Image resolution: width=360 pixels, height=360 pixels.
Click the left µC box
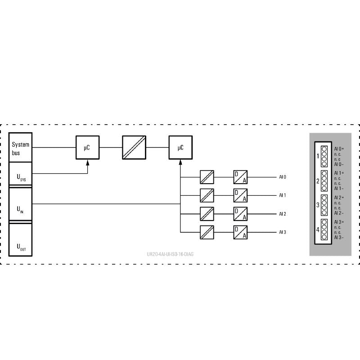click(88, 147)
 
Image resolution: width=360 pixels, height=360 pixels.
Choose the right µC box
click(180, 147)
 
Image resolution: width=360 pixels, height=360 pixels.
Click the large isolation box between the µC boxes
click(134, 147)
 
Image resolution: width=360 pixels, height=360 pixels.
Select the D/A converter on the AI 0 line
click(240, 177)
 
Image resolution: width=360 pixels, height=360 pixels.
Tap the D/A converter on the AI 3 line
click(240, 232)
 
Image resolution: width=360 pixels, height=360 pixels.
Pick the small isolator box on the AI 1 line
click(207, 195)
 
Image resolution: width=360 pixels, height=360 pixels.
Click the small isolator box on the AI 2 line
click(207, 214)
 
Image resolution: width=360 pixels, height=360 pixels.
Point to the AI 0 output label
click(282, 177)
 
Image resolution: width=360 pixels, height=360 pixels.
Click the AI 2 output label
click(282, 214)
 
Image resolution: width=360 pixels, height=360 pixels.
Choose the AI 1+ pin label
click(339, 173)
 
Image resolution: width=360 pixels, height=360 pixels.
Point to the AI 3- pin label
click(339, 238)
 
